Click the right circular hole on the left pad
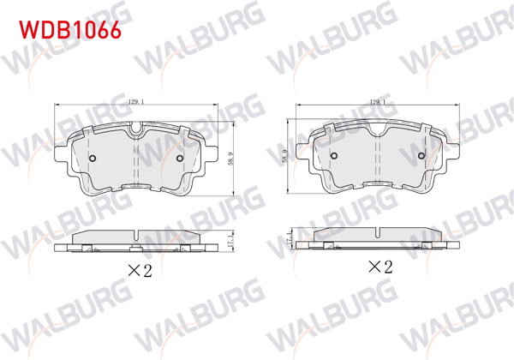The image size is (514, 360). tap(179, 158)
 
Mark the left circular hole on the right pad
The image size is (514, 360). tap(334, 156)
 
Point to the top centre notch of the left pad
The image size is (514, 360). tap(136, 130)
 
